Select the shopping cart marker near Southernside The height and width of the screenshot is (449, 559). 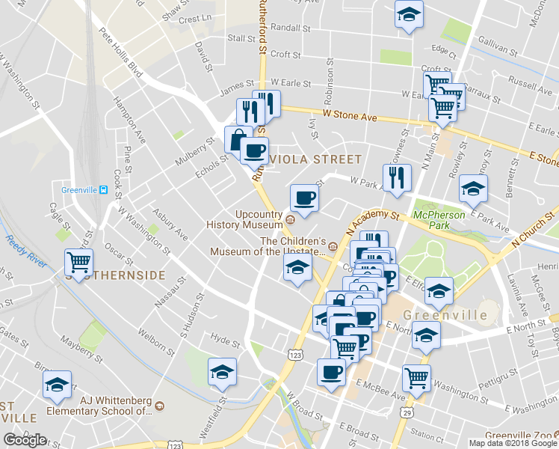coord(78,261)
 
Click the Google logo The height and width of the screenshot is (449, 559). coord(25,440)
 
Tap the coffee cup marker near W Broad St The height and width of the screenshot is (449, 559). coord(331,371)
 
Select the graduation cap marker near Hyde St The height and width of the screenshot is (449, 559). coord(222,371)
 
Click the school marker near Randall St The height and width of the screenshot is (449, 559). coord(408,15)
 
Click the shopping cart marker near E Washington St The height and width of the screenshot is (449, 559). coord(416,377)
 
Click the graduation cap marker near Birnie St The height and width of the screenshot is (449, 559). coord(57,384)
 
